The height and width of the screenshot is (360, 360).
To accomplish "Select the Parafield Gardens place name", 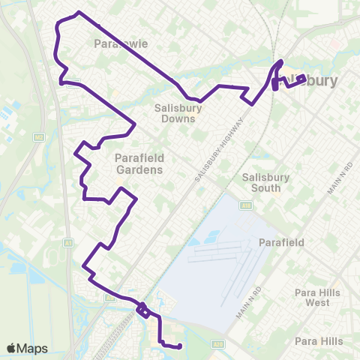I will point(139,163).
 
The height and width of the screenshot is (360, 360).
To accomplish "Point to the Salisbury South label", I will point(265,182).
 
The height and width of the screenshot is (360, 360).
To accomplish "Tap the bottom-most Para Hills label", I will point(319,341).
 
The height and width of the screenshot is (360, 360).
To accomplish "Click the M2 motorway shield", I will point(40,137).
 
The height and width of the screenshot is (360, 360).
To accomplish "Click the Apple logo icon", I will point(10,348).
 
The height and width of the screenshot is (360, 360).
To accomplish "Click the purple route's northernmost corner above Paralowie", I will point(79,13).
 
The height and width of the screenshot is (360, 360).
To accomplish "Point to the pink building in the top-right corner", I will point(334,43).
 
